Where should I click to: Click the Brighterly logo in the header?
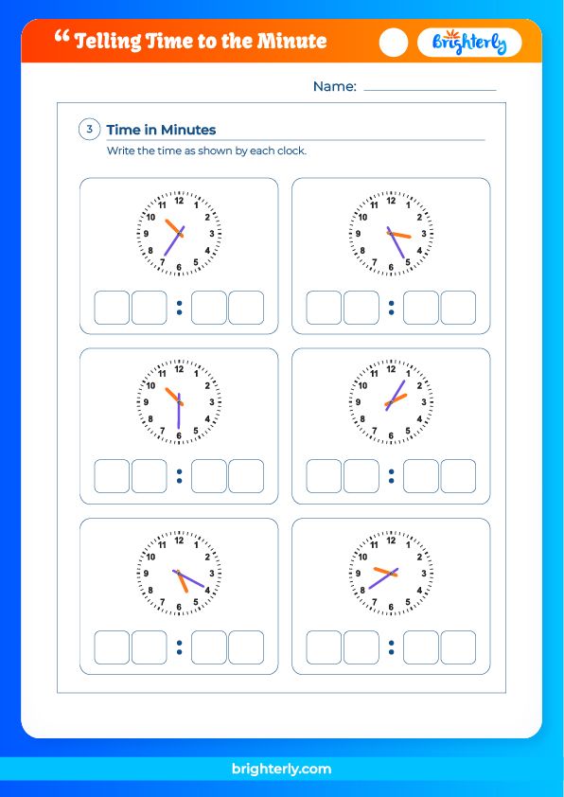[x=469, y=43]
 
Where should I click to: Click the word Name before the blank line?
[x=334, y=86]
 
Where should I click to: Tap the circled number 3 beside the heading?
[x=90, y=130]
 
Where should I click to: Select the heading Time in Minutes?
[x=161, y=130]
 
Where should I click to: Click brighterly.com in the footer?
[x=281, y=769]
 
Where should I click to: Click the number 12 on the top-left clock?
[x=179, y=200]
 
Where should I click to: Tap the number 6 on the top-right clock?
[x=391, y=268]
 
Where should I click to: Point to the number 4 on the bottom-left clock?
[x=207, y=590]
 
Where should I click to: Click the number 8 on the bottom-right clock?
[x=362, y=590]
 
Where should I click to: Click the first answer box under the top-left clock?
[x=112, y=308]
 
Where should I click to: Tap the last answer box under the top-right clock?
[x=458, y=308]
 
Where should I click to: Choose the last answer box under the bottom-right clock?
[x=458, y=646]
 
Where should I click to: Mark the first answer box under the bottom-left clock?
[x=112, y=646]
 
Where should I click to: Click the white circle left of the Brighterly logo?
[x=394, y=43]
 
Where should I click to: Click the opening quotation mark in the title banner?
[x=63, y=37]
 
